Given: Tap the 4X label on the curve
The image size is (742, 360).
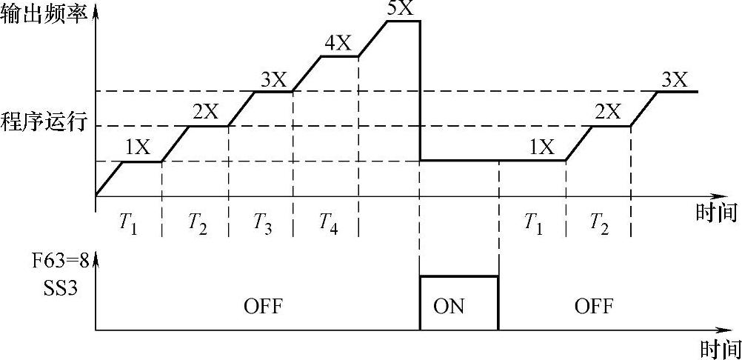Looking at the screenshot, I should pyautogui.click(x=338, y=43).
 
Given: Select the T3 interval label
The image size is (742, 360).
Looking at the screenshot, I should pyautogui.click(x=261, y=222).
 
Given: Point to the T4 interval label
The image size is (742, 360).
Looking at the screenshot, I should pyautogui.click(x=327, y=222).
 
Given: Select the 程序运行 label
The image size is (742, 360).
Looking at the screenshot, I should pyautogui.click(x=44, y=121).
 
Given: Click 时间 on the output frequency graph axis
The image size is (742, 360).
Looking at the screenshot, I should pyautogui.click(x=717, y=214).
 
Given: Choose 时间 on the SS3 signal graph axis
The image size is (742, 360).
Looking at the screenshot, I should pyautogui.click(x=720, y=348).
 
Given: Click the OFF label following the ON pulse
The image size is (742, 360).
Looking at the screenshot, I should pyautogui.click(x=594, y=306).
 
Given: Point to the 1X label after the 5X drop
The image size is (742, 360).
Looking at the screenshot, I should pyautogui.click(x=541, y=147).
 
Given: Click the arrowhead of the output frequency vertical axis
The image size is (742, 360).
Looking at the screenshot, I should pyautogui.click(x=96, y=13).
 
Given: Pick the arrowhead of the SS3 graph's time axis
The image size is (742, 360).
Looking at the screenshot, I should pyautogui.click(x=722, y=330).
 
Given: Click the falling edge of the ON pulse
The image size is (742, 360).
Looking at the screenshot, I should pyautogui.click(x=498, y=303).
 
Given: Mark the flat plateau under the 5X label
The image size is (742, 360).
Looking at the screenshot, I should pyautogui.click(x=404, y=21).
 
